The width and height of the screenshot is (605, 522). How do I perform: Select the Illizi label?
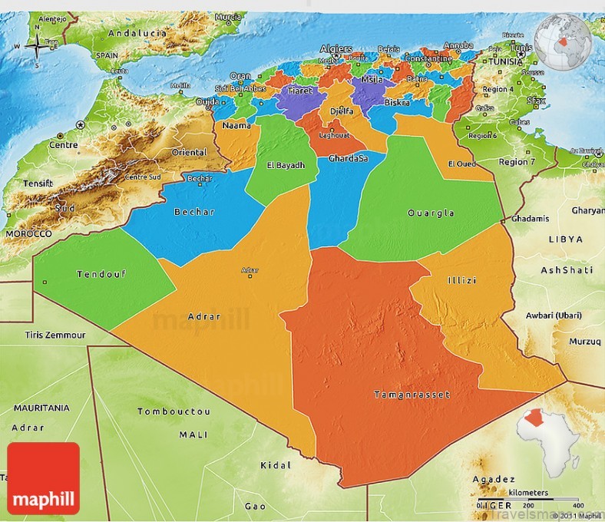(x=461, y=280)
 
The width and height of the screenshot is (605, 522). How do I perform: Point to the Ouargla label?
(x=431, y=213)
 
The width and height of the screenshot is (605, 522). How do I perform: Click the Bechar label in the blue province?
(x=194, y=212)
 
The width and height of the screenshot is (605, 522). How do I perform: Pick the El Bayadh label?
(x=286, y=165)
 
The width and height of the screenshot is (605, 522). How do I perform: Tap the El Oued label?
(x=461, y=164)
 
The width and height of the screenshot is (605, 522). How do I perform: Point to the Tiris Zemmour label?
(x=55, y=335)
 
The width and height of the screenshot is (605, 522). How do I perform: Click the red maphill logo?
(x=43, y=478)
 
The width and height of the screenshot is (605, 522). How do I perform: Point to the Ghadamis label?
(x=530, y=219)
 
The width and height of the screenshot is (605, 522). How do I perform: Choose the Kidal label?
(x=275, y=465)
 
